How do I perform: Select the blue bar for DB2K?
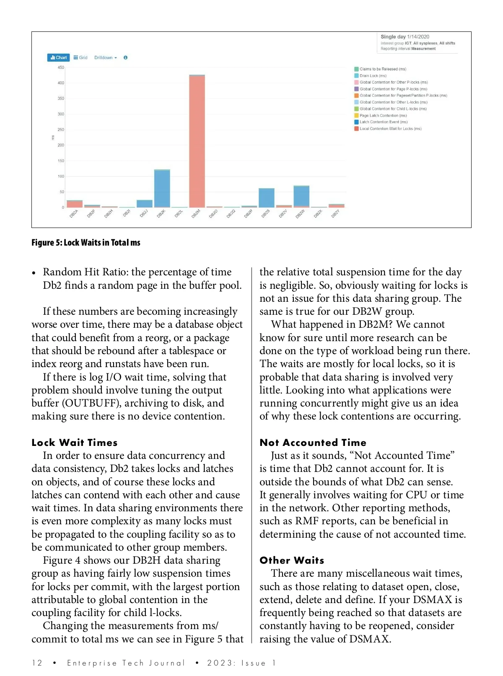coord(162,188)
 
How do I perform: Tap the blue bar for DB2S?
coord(266,198)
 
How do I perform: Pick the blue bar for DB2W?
coord(301,196)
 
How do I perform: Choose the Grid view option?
coord(80,57)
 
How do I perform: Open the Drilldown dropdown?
coord(105,57)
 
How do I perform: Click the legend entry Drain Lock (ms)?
coord(373,76)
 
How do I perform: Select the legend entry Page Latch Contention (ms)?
coord(383,116)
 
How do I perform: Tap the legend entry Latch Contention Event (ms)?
coord(383,122)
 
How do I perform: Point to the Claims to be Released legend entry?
coord(382,69)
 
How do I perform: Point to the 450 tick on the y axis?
coord(61,67)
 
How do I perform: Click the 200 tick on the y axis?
coord(61,145)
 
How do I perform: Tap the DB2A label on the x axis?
coord(74,214)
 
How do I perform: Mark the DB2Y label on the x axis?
coord(335,214)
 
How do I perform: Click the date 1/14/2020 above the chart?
coord(418,37)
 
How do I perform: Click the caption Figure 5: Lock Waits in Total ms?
coord(86,243)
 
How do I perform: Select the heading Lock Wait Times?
coord(75,443)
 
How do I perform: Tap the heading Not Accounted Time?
coord(313,443)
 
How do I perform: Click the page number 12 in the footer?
coord(37,663)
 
